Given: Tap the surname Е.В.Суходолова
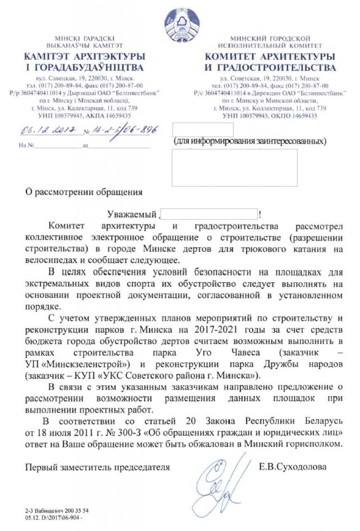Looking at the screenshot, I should [x=292, y=467].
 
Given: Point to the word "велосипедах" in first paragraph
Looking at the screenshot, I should [x=53, y=260].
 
